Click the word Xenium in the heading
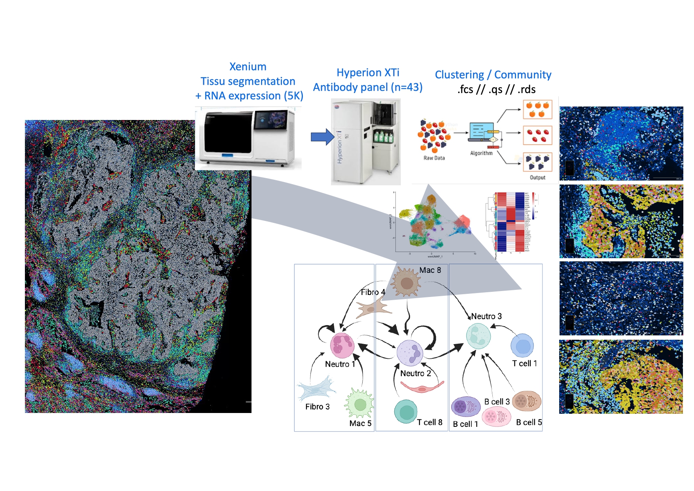(248, 67)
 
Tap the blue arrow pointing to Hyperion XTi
(322, 137)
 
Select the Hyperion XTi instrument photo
(365, 141)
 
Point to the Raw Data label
(434, 158)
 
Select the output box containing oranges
(537, 109)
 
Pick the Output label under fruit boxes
(537, 177)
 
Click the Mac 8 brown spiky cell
(406, 282)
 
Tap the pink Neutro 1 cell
(342, 345)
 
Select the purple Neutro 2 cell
(410, 353)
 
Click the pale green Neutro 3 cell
(478, 335)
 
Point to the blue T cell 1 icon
(522, 346)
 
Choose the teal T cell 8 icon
(406, 411)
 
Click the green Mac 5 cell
(359, 404)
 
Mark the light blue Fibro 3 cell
(315, 389)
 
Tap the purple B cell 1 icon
(465, 407)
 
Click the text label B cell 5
(529, 422)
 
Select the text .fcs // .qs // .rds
(496, 89)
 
